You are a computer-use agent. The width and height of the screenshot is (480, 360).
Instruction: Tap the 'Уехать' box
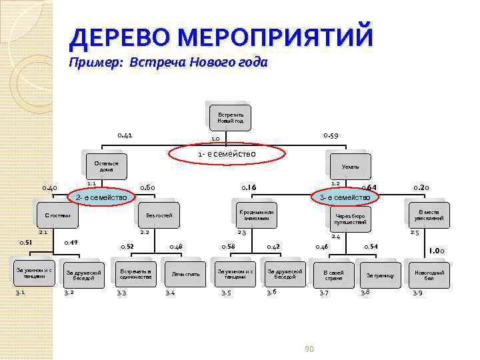[350, 166]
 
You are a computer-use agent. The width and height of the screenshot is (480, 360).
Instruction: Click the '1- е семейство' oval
[227, 155]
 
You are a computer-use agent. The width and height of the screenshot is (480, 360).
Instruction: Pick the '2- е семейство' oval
[102, 197]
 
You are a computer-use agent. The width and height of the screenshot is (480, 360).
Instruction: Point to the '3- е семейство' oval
[345, 197]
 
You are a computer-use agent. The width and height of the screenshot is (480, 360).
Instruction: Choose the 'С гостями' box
[57, 216]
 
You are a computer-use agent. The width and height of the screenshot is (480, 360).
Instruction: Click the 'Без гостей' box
[160, 216]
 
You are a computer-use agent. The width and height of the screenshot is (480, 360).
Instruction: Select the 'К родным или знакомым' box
[257, 215]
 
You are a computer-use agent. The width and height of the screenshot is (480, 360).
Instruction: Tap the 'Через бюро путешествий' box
[350, 220]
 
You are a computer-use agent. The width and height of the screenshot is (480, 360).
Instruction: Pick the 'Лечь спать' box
[185, 274]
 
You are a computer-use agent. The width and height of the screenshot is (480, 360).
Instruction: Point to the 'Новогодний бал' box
[429, 274]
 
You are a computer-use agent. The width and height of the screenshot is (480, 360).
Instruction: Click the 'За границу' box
[380, 275]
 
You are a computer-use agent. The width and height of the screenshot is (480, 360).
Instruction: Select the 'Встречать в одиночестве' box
[136, 274]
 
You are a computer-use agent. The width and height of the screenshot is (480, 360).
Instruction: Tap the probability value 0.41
[125, 135]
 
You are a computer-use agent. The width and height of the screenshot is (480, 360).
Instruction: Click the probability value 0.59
[331, 135]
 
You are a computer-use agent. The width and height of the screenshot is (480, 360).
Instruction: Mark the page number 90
[309, 349]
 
